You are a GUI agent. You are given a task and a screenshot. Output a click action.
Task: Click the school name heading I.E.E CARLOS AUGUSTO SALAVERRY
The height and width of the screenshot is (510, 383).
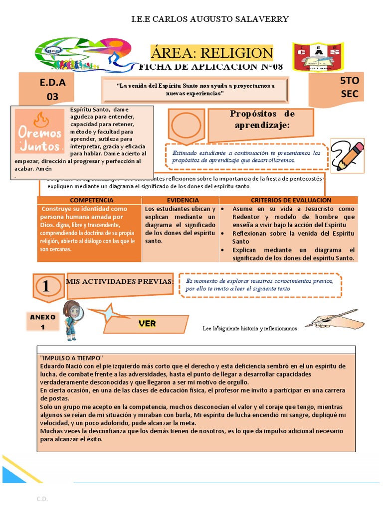coord(209,19)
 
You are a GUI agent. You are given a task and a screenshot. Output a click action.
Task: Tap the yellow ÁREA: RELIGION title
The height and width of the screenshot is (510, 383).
coord(212,53)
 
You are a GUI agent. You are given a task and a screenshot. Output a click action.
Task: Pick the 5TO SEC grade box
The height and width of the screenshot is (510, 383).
coord(349,87)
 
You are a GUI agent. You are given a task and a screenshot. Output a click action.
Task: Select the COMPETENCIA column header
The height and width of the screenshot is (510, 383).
coord(89,200)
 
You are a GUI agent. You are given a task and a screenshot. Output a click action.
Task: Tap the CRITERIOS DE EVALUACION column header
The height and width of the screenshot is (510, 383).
coord(287,200)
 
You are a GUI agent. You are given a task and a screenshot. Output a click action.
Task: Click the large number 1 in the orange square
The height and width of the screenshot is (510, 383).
coord(46,286)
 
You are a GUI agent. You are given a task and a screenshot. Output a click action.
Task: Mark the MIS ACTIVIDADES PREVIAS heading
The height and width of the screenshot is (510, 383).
coord(120,282)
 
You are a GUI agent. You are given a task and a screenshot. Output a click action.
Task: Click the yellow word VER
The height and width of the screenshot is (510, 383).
coord(147,324)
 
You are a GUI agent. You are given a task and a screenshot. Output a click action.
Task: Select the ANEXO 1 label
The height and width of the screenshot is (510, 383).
coord(43,322)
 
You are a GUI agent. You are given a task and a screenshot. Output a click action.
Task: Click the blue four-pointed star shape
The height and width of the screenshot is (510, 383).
coord(107,314)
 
